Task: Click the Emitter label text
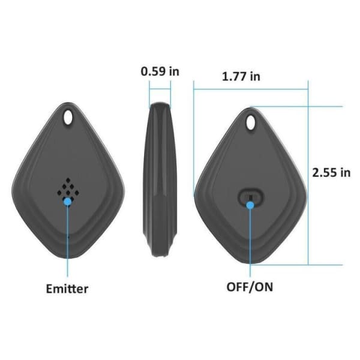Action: (x=67, y=289)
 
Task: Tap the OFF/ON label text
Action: (x=250, y=286)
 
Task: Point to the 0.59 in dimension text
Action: (x=160, y=71)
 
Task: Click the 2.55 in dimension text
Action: (x=331, y=172)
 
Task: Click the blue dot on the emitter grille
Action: (x=68, y=202)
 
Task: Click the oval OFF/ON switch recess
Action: (x=251, y=197)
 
